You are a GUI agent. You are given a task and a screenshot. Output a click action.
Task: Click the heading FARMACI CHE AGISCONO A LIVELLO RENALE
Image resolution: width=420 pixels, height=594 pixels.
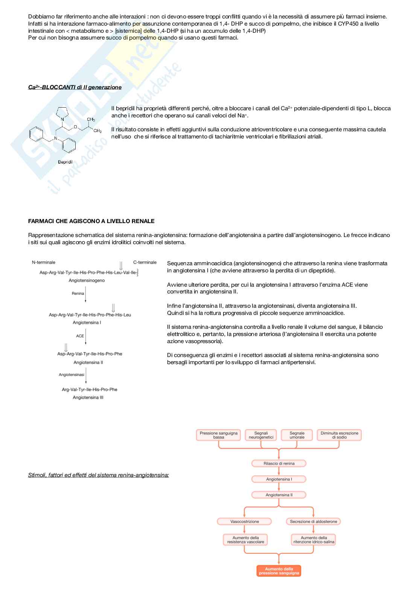pyautogui.click(x=91, y=221)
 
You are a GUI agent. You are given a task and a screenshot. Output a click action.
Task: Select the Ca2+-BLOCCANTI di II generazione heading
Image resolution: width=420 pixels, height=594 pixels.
pyautogui.click(x=75, y=87)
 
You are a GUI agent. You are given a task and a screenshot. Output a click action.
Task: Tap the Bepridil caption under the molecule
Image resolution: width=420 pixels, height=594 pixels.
pyautogui.click(x=65, y=162)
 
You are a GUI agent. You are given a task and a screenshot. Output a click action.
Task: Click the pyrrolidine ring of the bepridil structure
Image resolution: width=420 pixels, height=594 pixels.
pyautogui.click(x=62, y=112)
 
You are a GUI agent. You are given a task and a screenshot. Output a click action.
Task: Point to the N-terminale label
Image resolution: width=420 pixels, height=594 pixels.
pyautogui.click(x=44, y=262)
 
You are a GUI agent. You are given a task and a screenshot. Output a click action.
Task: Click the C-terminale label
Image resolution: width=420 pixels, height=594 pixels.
pyautogui.click(x=145, y=262)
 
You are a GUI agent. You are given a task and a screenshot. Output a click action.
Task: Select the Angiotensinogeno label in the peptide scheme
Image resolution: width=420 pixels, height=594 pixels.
pyautogui.click(x=87, y=281)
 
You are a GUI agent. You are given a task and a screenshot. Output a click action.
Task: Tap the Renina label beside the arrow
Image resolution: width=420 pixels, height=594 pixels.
pyautogui.click(x=78, y=293)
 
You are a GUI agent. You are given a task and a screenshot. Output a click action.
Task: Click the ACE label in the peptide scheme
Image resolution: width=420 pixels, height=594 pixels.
pyautogui.click(x=80, y=336)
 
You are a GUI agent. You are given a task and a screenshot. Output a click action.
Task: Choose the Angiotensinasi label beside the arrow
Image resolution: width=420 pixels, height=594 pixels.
pyautogui.click(x=72, y=375)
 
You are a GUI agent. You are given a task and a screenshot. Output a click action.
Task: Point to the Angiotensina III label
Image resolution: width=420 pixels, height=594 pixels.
pyautogui.click(x=88, y=398)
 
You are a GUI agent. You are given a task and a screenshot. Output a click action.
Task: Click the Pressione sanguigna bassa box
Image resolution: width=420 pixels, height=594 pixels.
pyautogui.click(x=219, y=435)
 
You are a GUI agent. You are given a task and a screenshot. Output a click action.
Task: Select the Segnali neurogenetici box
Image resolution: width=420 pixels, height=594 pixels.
pyautogui.click(x=261, y=435)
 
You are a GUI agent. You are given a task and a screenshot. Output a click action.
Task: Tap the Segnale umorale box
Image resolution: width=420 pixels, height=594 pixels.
pyautogui.click(x=297, y=435)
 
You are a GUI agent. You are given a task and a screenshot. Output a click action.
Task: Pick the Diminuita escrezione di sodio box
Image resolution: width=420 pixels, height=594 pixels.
pyautogui.click(x=339, y=435)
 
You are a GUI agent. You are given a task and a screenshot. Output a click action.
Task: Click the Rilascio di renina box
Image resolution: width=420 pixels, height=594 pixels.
pyautogui.click(x=279, y=463)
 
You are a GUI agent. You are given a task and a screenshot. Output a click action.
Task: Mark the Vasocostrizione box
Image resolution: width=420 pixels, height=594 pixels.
pyautogui.click(x=245, y=521)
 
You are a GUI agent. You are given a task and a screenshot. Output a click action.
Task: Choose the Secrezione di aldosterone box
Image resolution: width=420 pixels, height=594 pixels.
pyautogui.click(x=313, y=521)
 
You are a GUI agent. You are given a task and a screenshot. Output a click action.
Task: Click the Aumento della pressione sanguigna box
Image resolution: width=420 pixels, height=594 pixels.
pyautogui.click(x=279, y=571)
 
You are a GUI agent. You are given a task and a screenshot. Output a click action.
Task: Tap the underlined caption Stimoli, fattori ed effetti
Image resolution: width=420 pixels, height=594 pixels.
pyautogui.click(x=98, y=475)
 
